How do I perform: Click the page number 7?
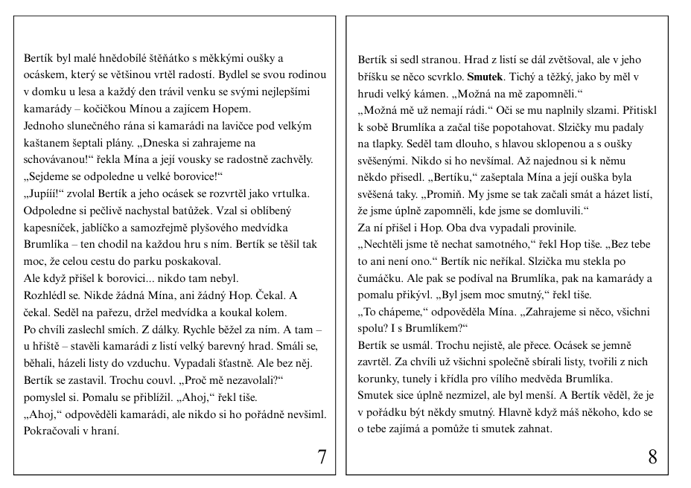tap(322, 457)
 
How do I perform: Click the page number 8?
tap(652, 457)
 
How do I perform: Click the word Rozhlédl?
tap(46, 295)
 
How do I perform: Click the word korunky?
tap(381, 379)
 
